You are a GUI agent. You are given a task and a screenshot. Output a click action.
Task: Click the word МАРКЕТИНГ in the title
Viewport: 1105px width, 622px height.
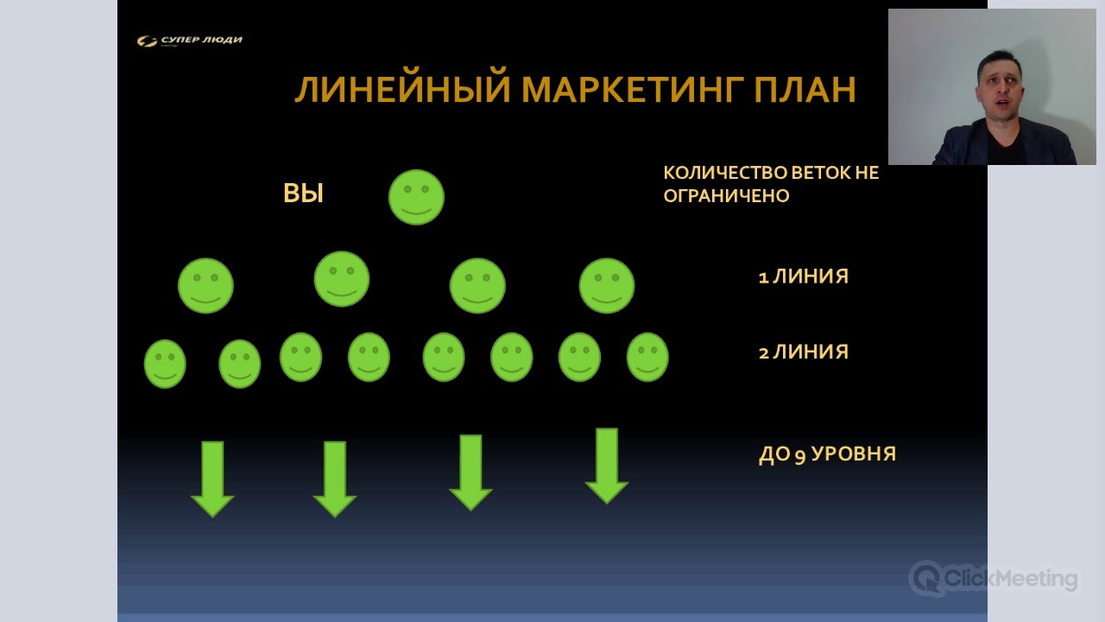(x=628, y=90)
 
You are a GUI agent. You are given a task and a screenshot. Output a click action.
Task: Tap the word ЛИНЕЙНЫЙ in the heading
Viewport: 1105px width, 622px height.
(x=402, y=90)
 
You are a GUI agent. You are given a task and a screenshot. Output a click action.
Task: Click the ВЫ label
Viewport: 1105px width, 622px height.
(x=303, y=194)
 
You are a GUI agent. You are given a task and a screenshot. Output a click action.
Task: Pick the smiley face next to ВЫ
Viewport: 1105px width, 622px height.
(x=416, y=197)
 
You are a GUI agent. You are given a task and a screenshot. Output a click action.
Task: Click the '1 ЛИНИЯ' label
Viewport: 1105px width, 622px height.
(x=803, y=276)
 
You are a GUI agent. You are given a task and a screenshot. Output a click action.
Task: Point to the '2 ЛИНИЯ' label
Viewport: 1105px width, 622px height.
(x=803, y=352)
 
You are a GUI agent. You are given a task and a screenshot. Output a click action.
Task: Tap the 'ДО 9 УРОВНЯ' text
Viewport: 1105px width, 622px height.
(x=827, y=454)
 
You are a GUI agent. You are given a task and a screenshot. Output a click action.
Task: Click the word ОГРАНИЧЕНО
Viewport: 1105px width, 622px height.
(x=726, y=196)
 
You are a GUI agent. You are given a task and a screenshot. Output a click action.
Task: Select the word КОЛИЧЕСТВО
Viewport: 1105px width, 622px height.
(x=713, y=173)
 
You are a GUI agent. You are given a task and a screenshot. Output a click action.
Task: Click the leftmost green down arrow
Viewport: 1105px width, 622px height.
(x=212, y=478)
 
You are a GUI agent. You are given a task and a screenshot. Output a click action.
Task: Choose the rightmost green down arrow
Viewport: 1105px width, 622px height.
(x=607, y=465)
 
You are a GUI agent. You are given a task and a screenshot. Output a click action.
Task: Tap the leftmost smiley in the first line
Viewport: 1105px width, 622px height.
(x=205, y=285)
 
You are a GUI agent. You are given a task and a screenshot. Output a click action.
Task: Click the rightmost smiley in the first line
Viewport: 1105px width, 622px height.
(x=607, y=285)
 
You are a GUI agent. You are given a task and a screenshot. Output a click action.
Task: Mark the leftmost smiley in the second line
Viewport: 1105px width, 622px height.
(x=165, y=364)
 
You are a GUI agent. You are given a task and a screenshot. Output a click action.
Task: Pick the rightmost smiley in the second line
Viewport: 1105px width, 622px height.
(x=647, y=357)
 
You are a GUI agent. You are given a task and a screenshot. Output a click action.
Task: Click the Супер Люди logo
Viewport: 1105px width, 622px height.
(x=190, y=41)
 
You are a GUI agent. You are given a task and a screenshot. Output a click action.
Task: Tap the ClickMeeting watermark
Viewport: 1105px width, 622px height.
(x=994, y=578)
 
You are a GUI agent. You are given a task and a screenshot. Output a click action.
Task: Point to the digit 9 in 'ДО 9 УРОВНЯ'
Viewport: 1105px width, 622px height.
(x=799, y=456)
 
